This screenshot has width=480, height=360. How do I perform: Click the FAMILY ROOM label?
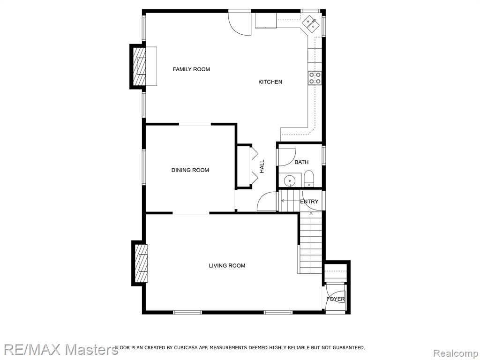click(x=191, y=69)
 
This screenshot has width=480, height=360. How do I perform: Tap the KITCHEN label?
click(x=270, y=82)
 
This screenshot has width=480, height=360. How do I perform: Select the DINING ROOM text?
click(x=190, y=170)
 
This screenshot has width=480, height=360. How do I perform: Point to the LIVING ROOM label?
click(x=227, y=266)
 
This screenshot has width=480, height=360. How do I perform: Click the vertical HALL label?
click(x=262, y=166)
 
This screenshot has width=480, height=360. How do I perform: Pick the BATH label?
click(x=301, y=162)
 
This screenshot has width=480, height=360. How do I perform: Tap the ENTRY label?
click(x=309, y=202)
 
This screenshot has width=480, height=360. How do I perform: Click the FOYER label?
click(x=336, y=299)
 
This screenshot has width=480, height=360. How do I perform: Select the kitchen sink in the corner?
click(x=311, y=23)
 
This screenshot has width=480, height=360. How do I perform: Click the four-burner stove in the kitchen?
click(x=315, y=78)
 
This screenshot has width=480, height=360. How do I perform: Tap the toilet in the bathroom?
click(x=308, y=179)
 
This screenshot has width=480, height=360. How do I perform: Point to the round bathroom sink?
click(x=289, y=181)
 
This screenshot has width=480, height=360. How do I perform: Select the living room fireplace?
click(x=140, y=263)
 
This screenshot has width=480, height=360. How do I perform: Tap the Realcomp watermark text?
click(x=456, y=353)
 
